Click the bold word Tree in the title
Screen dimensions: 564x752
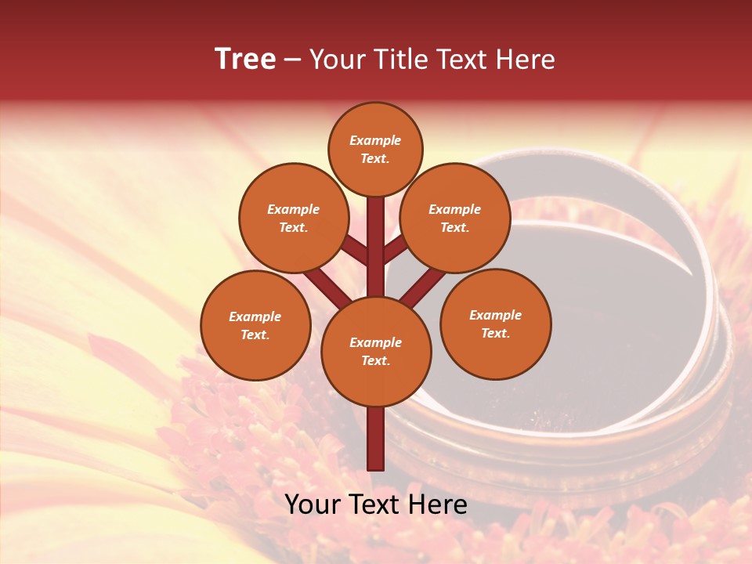pos(245,59)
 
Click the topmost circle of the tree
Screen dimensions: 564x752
pos(375,149)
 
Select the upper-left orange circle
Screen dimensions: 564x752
pos(293,218)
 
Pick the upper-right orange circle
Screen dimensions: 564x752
pos(455,218)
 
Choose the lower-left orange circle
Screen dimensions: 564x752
pos(255,325)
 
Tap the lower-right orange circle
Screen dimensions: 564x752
pos(495,324)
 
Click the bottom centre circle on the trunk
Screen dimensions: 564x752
pos(376,351)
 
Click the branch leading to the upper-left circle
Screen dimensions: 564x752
pos(354,251)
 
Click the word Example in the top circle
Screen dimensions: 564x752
pos(375,140)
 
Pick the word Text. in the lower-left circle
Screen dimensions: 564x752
pos(255,334)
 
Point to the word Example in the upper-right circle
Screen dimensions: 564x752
pos(455,209)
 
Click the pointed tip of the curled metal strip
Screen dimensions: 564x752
pos(693,276)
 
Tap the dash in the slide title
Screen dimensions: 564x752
pos(292,60)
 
